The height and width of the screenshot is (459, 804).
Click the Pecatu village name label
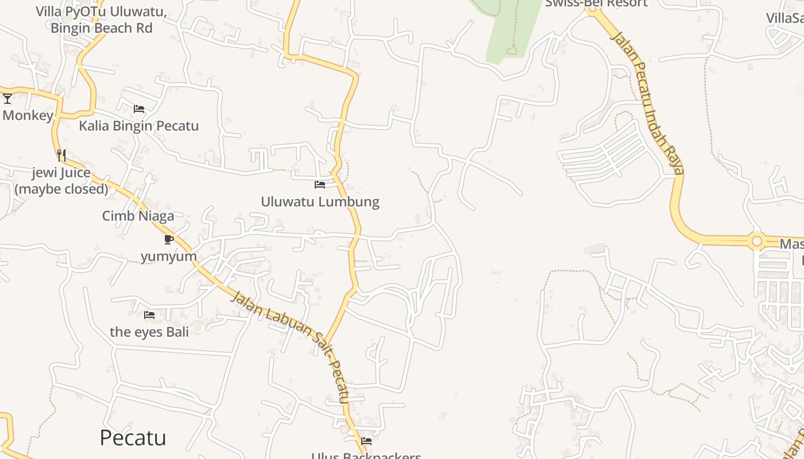coord(133,438)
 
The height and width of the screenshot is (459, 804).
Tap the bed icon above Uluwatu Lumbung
coord(320,185)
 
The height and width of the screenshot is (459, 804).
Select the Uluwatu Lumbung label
coord(320,202)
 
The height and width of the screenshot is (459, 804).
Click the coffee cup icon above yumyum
coord(168,239)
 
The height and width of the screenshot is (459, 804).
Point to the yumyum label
coord(169,256)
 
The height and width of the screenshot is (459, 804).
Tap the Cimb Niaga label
coord(138,216)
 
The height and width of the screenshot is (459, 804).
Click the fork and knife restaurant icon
coord(61,155)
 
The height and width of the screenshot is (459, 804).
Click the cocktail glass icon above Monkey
coord(7,99)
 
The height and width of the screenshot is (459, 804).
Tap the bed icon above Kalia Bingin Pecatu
coord(139,108)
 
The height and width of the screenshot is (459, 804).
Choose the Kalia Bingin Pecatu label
coord(139,126)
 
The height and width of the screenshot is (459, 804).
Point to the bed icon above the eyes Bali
coord(149,315)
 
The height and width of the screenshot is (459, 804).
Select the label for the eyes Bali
coord(149,332)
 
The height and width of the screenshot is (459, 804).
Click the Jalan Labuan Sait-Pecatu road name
coord(290,347)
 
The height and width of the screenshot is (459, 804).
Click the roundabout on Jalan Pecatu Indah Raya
coord(757,242)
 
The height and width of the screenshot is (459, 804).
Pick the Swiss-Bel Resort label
coord(596,3)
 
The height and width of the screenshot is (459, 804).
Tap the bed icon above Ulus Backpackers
coord(366,441)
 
